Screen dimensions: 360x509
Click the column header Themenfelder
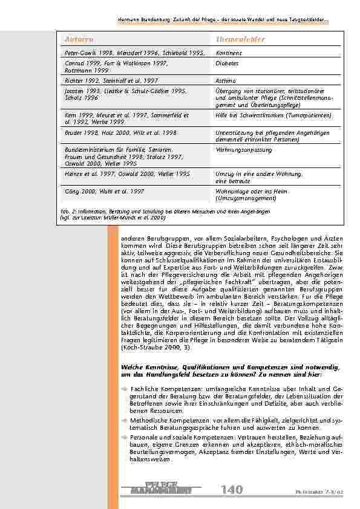[241, 39]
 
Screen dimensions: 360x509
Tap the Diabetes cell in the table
[226, 63]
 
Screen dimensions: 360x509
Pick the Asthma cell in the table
[225, 80]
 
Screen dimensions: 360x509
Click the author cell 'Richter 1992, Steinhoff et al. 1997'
[111, 80]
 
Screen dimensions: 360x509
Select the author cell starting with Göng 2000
[104, 191]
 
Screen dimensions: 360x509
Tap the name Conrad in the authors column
[75, 63]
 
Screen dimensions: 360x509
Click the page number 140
[231, 489]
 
